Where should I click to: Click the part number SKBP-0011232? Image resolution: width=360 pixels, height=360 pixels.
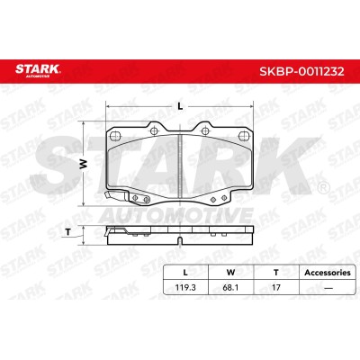(x=301, y=72)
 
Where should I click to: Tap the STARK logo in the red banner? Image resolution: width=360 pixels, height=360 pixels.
(x=38, y=71)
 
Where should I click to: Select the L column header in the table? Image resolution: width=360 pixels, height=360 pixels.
(x=185, y=273)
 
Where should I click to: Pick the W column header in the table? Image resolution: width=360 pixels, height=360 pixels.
(x=230, y=273)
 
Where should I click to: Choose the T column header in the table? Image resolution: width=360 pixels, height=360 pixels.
(x=276, y=273)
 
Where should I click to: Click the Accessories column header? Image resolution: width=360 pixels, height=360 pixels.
(x=328, y=273)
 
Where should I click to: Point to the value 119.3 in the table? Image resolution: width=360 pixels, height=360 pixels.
(x=185, y=287)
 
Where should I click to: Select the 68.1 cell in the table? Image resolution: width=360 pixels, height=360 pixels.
(x=230, y=287)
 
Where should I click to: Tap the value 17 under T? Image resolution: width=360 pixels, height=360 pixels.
(x=276, y=287)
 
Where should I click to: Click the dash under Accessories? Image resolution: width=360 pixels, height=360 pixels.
(x=328, y=288)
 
